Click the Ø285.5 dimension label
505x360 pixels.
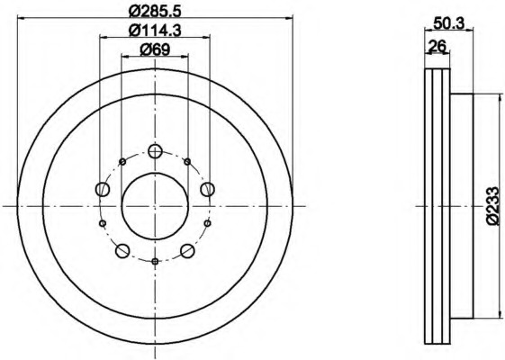coord(155,12)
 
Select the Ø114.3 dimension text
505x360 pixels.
coord(155,31)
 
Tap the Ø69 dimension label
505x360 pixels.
coord(155,49)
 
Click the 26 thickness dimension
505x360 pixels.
coord(437,46)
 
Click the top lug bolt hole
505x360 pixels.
coord(155,150)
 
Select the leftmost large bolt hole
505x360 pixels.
coord(103,189)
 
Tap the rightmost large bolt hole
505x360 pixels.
coord(207,189)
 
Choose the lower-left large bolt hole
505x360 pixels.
coord(122,251)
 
